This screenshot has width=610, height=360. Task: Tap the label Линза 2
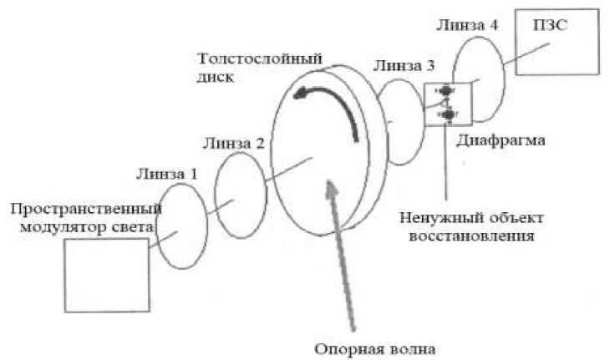pos(233,144)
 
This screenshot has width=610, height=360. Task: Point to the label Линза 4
pos(467,25)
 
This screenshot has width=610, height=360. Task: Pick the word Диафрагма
pos(501,141)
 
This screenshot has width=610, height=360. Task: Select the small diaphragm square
pos(449,104)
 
